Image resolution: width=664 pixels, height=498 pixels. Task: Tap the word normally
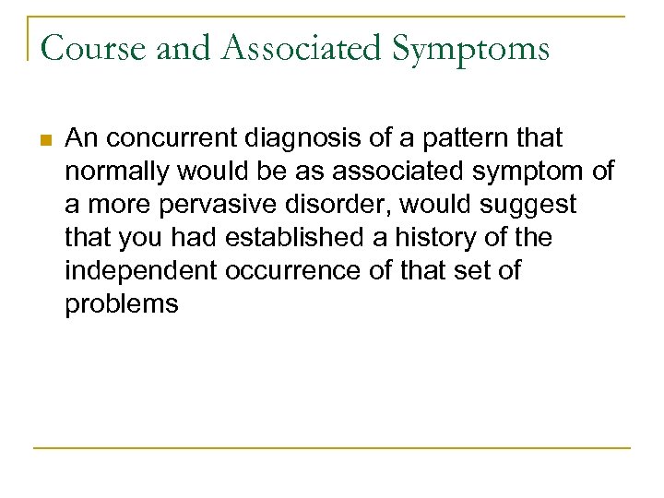pos(114,172)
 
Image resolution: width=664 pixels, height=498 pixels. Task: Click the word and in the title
pos(184,48)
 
